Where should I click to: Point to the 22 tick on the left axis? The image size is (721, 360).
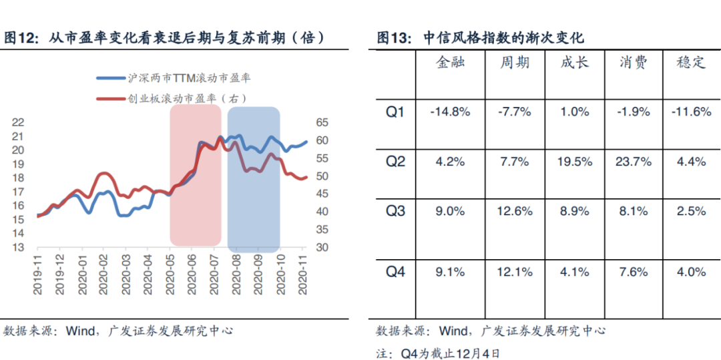pos(18,122)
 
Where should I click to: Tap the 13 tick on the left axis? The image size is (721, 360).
pos(18,247)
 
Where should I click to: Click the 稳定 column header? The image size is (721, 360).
pos(691,63)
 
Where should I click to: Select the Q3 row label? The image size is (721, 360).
pos(396,211)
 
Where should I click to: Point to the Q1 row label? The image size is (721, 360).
pos(396,112)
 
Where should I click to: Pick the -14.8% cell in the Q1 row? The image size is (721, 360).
pos(450,112)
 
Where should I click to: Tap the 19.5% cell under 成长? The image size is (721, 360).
pos(575,162)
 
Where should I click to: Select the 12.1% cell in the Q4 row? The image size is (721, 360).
pos(515,272)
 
